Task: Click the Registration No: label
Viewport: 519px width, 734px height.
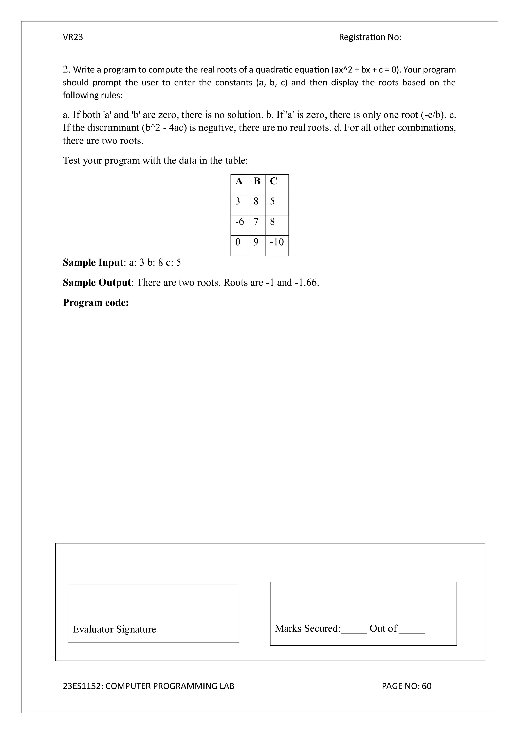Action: [370, 37]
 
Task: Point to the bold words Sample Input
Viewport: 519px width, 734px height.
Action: [93, 262]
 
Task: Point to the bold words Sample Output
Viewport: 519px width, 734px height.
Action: [97, 283]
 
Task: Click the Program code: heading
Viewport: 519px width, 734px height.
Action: [96, 303]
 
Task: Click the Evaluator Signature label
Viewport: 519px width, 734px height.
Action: [114, 629]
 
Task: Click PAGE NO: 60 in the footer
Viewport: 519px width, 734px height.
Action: [406, 686]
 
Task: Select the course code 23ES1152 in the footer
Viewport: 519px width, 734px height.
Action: [82, 686]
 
